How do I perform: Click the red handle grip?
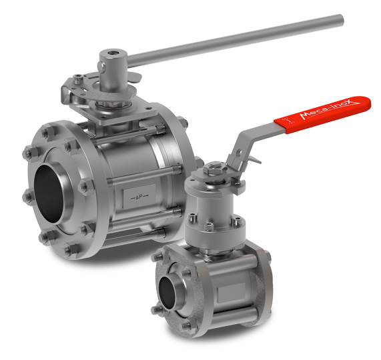[322, 115]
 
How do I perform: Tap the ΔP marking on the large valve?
[139, 197]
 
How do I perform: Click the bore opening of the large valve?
[50, 193]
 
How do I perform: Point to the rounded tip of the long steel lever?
[341, 20]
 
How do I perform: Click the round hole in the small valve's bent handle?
[239, 153]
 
